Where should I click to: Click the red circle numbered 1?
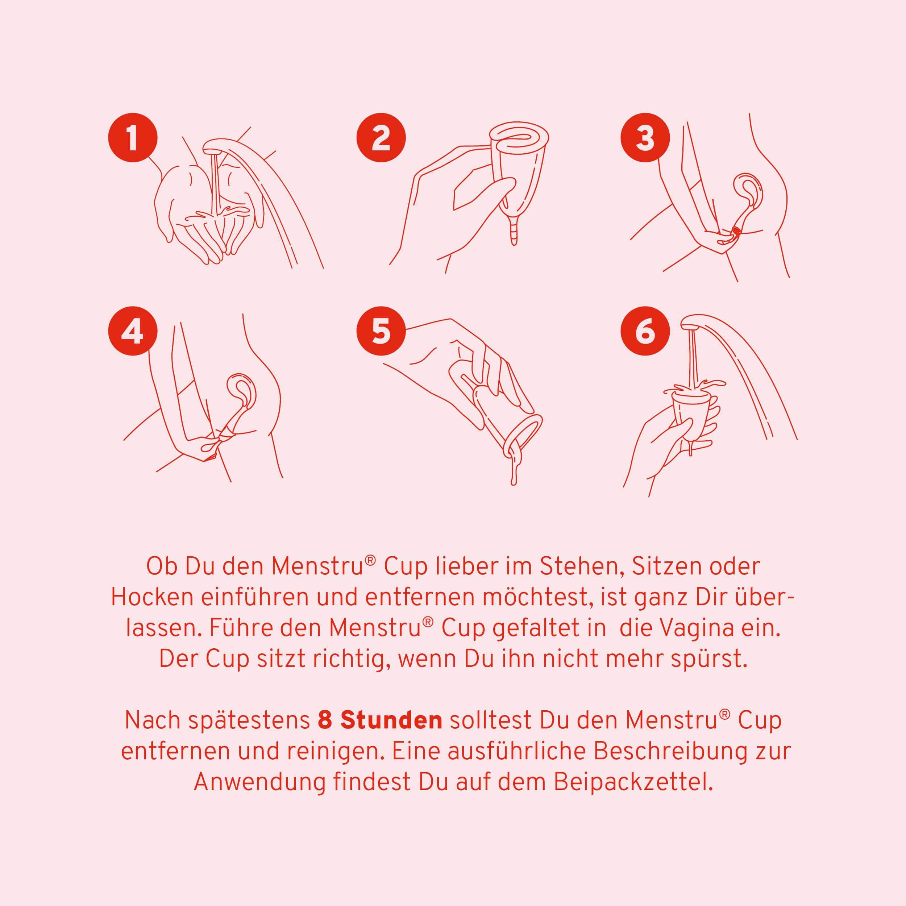point(132,137)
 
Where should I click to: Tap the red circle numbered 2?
point(381,137)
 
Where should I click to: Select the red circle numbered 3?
point(645,137)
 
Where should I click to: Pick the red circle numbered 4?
point(132,332)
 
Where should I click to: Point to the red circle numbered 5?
point(381,332)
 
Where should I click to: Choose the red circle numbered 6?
point(645,332)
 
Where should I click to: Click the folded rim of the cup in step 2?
point(518,136)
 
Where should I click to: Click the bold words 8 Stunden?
point(380,721)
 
